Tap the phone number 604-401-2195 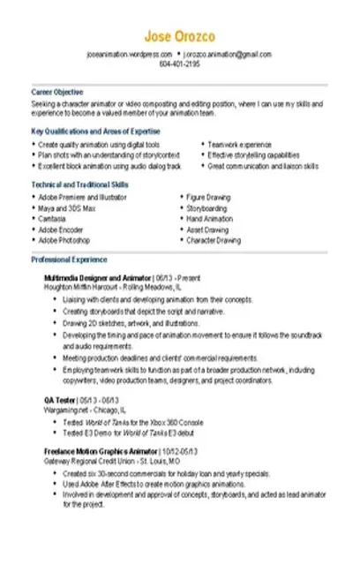pos(180,64)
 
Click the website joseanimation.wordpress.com pos(129,55)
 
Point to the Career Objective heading pos(57,92)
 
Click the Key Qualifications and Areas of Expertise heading pos(84,132)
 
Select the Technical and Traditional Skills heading pos(79,184)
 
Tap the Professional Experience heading pos(70,260)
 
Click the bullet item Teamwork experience pos(240,144)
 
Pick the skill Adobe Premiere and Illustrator pos(83,198)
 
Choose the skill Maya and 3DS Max pos(68,208)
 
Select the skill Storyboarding pos(207,208)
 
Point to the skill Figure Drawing pos(208,198)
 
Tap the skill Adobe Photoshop pos(64,240)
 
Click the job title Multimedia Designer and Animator pos(98,277)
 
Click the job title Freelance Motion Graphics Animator pos(99,450)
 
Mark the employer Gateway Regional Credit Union pos(93,461)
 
